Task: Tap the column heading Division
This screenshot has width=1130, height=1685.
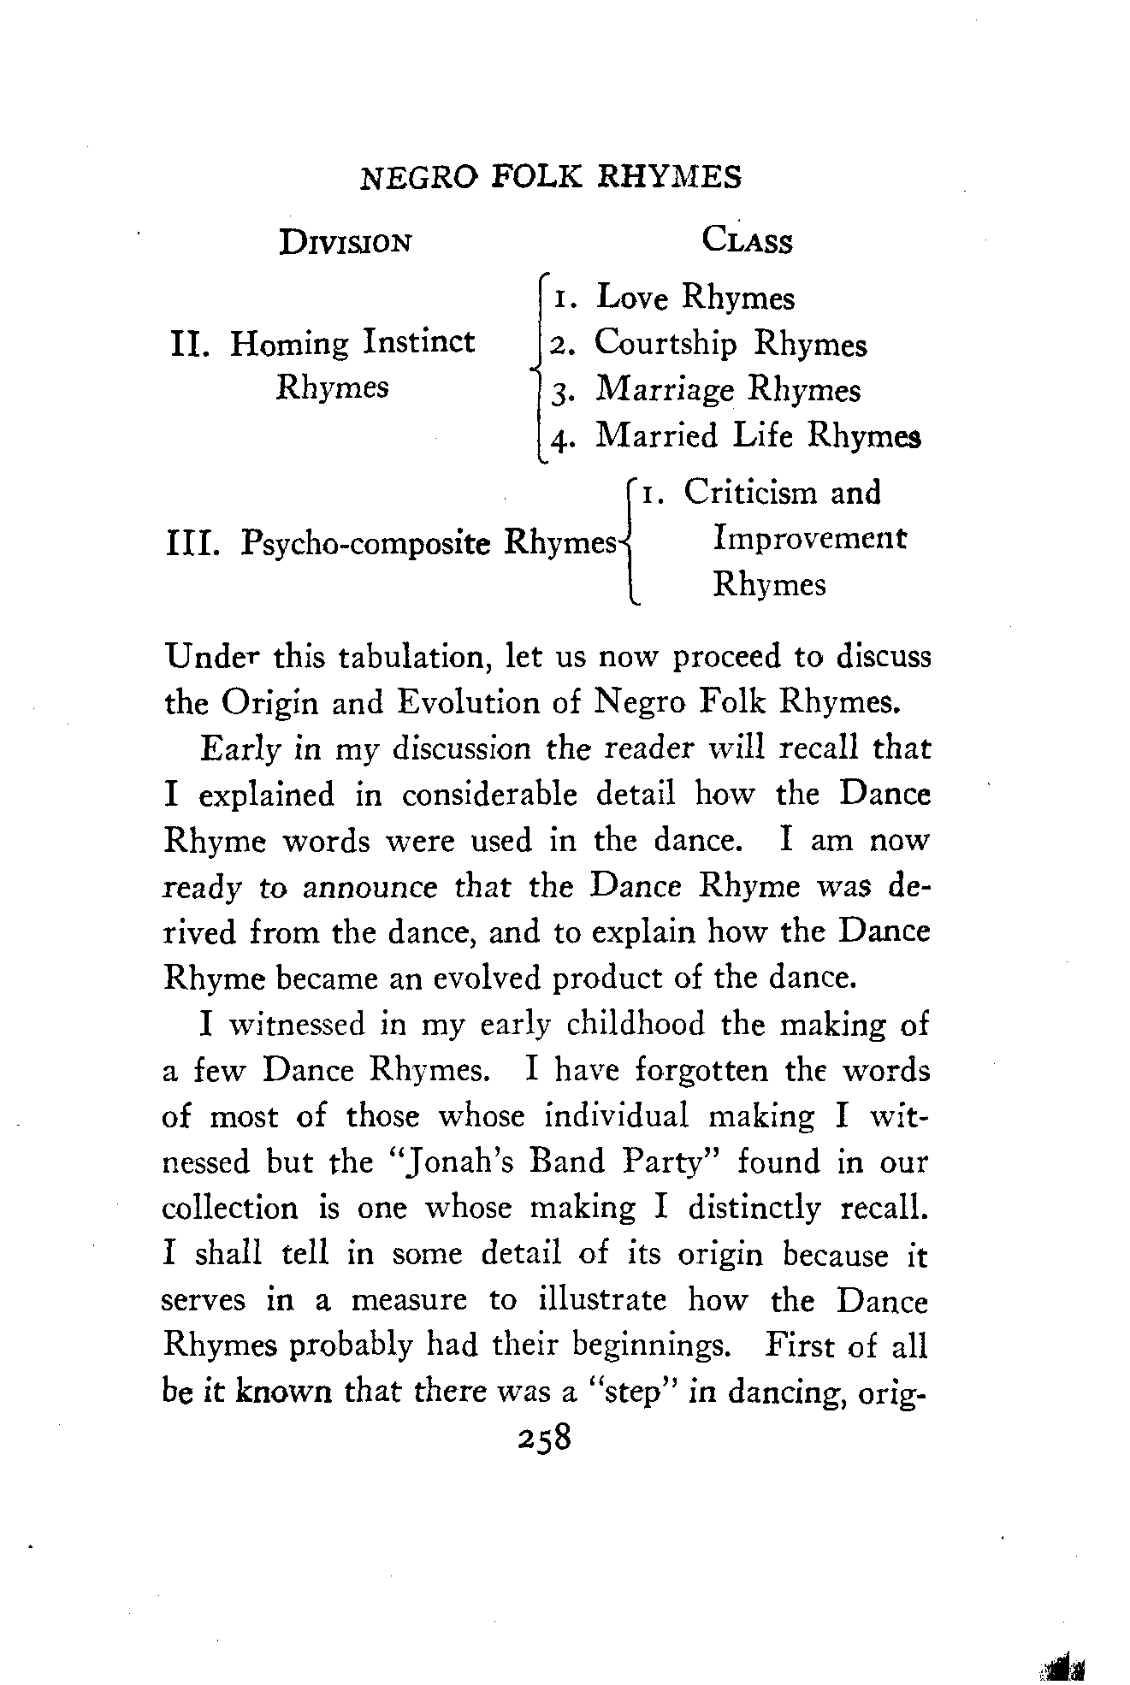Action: point(346,242)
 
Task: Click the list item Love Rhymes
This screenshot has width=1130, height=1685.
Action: point(695,298)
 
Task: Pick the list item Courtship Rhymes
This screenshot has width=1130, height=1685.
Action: point(730,344)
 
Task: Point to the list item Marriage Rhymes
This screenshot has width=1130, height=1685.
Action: point(728,390)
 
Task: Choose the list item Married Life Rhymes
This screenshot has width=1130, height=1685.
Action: point(758,436)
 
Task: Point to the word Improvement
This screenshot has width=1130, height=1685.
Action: point(809,539)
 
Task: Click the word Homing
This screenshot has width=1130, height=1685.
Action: point(290,344)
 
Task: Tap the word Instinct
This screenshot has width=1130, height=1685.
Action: point(419,342)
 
